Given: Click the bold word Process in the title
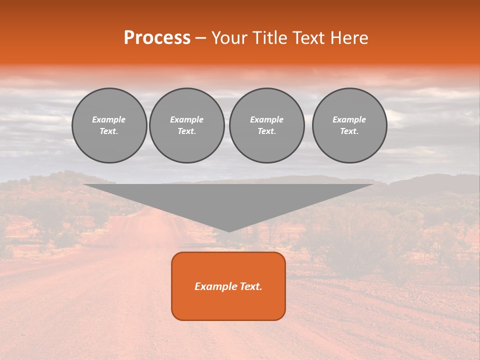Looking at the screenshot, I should tap(157, 38).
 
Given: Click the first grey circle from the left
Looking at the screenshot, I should tap(109, 125).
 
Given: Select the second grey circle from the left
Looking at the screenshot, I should tap(186, 125).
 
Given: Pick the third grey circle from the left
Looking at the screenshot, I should tap(266, 125).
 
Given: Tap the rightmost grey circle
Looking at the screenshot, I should tap(349, 125).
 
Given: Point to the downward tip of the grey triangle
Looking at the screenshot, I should tap(229, 230).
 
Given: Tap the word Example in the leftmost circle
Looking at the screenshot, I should tap(109, 119).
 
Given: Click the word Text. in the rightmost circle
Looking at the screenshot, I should tap(349, 131).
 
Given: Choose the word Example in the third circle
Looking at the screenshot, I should tap(266, 119).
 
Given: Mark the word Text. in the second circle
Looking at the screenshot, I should tap(186, 131).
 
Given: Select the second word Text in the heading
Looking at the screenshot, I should tap(309, 38).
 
